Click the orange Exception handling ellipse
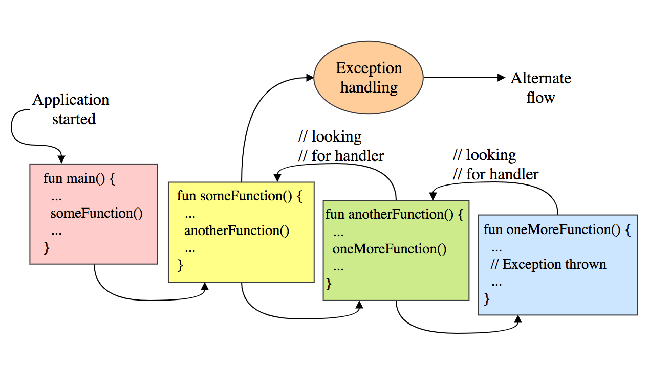click(x=369, y=78)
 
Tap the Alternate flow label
click(x=540, y=87)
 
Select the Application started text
click(x=71, y=109)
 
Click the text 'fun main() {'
click(x=80, y=179)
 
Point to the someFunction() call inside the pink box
click(x=96, y=213)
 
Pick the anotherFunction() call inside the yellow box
click(x=236, y=230)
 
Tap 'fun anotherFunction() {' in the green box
click(x=394, y=214)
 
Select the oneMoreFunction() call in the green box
click(x=389, y=249)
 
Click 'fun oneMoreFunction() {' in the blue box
click(x=557, y=229)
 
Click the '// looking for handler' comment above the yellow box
click(x=341, y=146)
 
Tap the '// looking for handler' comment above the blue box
click(x=495, y=165)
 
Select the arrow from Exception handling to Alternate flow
click(x=463, y=78)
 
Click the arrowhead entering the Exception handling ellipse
click(x=309, y=78)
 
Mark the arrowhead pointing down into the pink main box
click(x=61, y=159)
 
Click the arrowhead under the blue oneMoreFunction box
click(x=518, y=320)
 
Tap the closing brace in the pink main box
click(x=47, y=248)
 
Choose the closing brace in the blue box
click(x=487, y=298)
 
